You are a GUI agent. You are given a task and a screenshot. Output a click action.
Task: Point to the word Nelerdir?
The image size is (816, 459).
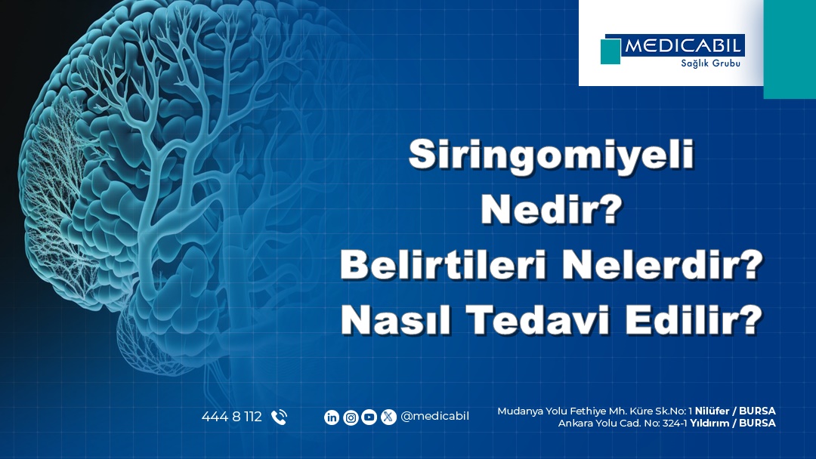tap(663, 264)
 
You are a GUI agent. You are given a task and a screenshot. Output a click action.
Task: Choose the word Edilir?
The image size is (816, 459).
tap(694, 319)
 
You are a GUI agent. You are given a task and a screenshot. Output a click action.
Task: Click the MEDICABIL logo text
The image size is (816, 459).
tap(683, 46)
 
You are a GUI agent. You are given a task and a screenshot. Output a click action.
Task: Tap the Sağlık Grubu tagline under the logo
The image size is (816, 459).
tap(710, 63)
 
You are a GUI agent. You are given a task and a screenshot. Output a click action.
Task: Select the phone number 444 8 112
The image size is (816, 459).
tap(232, 417)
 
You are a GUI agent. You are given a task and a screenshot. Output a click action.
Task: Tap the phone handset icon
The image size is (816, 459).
tap(279, 417)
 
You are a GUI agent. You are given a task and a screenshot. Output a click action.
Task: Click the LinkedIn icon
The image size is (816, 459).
tap(332, 417)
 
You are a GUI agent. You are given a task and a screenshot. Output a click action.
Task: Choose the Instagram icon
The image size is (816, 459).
tap(351, 417)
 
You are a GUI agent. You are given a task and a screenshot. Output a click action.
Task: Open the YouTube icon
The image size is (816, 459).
tap(369, 417)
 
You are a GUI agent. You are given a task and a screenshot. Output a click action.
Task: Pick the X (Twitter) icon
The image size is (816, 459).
tap(388, 417)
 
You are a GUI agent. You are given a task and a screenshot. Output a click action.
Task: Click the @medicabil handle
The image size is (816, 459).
tap(434, 417)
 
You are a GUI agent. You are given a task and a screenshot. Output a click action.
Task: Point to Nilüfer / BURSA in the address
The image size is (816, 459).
tap(735, 411)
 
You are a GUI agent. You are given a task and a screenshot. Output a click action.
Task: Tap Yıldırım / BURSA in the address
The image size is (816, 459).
tap(733, 423)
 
